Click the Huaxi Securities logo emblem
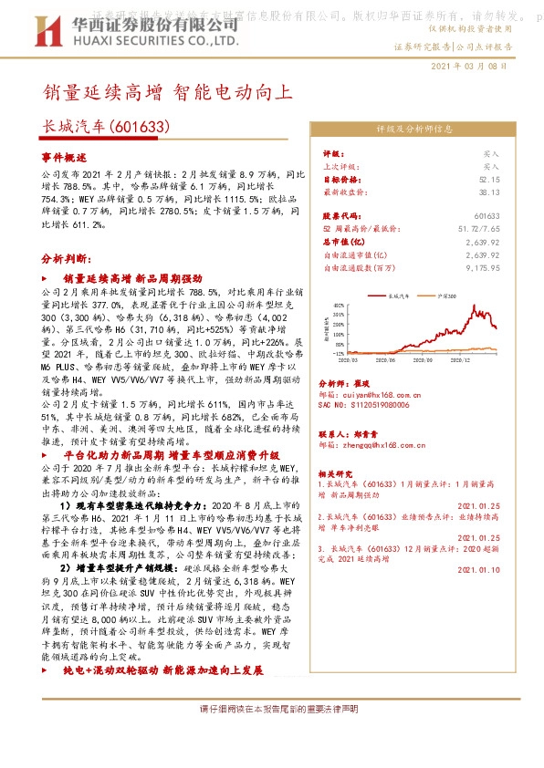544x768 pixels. pyautogui.click(x=40, y=28)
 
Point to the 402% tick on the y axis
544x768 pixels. pyautogui.click(x=340, y=305)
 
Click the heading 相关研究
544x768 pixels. pyautogui.click(x=336, y=474)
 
